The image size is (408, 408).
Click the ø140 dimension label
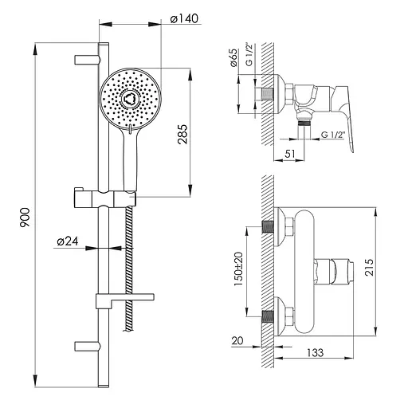coord(184,19)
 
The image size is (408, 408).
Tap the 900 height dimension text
coord(25,218)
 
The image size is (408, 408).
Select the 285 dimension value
coord(182,134)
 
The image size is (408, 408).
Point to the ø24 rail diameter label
coord(68,241)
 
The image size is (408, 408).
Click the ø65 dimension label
coord(233,57)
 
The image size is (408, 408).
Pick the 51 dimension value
coord(290,153)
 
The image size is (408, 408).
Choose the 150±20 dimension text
coord(238,269)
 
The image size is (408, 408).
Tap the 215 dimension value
coord(369,266)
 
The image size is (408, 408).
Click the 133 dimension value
coord(316,353)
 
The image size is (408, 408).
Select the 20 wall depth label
coord(237,341)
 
